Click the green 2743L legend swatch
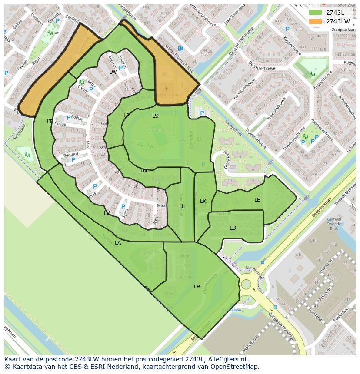pyautogui.click(x=316, y=13)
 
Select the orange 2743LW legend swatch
pyautogui.click(x=316, y=21)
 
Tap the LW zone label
pyautogui.click(x=113, y=72)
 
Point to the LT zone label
pyautogui.click(x=50, y=122)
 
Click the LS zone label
pyautogui.click(x=155, y=116)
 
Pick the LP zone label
pyautogui.click(x=126, y=116)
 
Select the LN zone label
pyautogui.click(x=143, y=171)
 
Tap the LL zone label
pyautogui.click(x=182, y=206)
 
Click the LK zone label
pyautogui.click(x=203, y=201)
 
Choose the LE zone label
pyautogui.click(x=257, y=200)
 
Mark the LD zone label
pyautogui.click(x=233, y=228)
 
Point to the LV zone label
pyautogui.click(x=107, y=213)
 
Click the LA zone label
pyautogui.click(x=118, y=243)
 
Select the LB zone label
pyautogui.click(x=197, y=287)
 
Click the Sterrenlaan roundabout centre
pyautogui.click(x=246, y=285)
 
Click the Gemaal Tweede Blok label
pyautogui.click(x=334, y=224)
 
